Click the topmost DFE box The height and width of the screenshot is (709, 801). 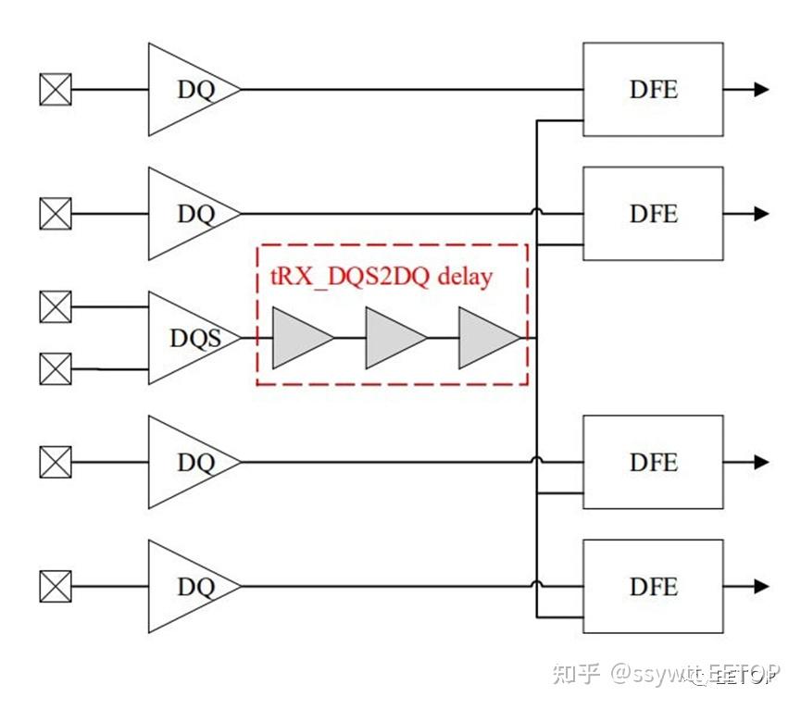(652, 90)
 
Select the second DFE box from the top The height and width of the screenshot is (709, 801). (652, 214)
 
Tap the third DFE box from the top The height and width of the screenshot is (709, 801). (652, 462)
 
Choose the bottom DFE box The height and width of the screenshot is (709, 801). (652, 586)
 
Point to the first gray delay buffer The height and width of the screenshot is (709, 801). (298, 338)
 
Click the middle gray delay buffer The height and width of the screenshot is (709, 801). (392, 338)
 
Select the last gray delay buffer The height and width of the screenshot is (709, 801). (485, 338)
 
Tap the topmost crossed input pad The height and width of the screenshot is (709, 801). (56, 90)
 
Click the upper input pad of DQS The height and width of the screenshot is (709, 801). (56, 306)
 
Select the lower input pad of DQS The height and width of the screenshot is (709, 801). (56, 369)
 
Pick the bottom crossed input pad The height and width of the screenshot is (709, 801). (56, 586)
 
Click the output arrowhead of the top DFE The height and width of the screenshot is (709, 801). (761, 90)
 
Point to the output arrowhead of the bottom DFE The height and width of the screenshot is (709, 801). (761, 586)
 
